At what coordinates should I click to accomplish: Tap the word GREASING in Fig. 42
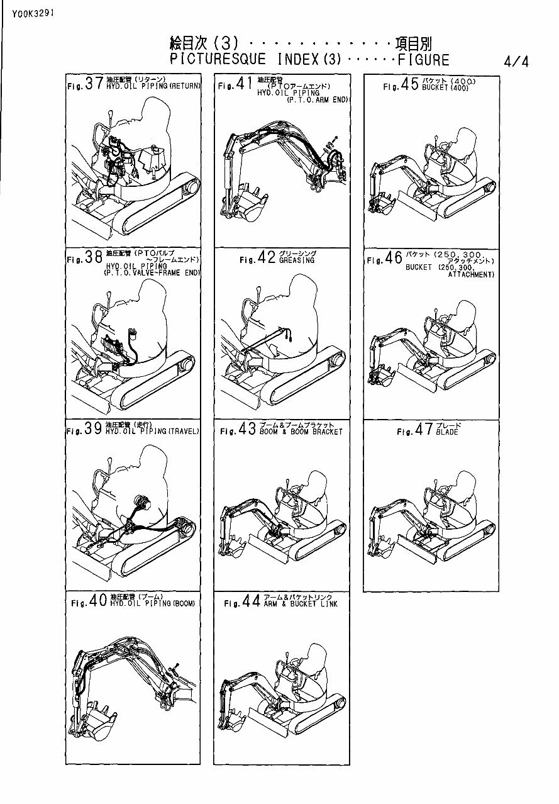coord(296,260)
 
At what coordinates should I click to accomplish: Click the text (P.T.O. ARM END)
coord(318,100)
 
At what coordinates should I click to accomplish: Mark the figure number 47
coord(424,431)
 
